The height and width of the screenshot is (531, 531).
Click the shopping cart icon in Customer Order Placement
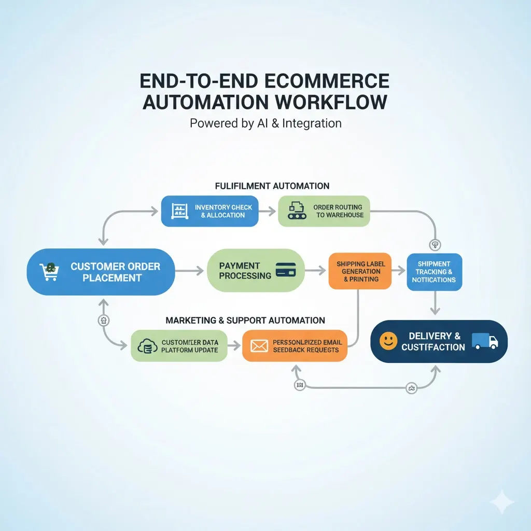[x=49, y=271]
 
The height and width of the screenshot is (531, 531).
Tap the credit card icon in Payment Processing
[x=286, y=270]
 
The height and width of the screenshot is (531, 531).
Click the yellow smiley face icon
[x=388, y=341]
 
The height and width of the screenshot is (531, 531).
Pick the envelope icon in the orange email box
[x=259, y=346]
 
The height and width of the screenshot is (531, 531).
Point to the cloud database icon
[x=147, y=346]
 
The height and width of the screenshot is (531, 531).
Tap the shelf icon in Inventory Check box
[x=179, y=211]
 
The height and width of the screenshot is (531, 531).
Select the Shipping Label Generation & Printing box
[x=360, y=271]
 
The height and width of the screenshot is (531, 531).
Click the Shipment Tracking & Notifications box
[x=434, y=272]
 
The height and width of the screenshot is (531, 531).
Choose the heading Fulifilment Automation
[x=272, y=186]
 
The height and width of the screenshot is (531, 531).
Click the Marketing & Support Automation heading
[x=245, y=320]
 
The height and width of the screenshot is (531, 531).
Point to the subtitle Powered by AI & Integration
[x=265, y=123]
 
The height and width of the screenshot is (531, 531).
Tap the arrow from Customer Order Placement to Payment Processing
[x=190, y=270]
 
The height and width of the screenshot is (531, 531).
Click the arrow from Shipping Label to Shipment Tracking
[x=398, y=270]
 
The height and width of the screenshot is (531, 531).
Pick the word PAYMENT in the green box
[x=240, y=265]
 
